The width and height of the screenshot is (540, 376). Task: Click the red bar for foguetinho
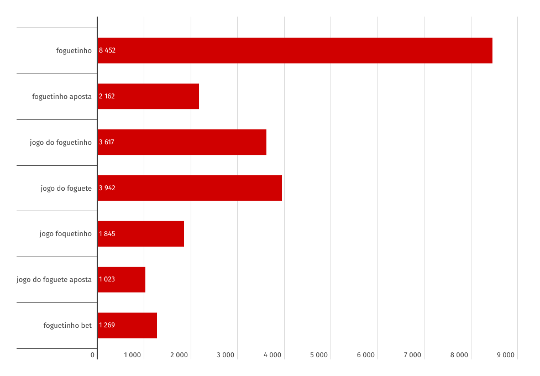[295, 50]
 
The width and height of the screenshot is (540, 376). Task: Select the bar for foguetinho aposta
[148, 96]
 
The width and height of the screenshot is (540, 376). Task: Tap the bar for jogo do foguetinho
[182, 142]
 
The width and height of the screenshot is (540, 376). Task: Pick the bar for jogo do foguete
[190, 188]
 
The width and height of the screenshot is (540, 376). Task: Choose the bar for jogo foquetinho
[140, 234]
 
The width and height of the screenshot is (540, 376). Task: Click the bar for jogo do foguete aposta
[121, 279]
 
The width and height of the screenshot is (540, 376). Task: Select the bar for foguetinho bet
[127, 325]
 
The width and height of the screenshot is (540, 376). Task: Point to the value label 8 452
[107, 50]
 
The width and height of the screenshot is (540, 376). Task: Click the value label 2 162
[107, 96]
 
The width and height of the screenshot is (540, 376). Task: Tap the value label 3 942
[107, 188]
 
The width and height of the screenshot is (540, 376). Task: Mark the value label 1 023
[107, 279]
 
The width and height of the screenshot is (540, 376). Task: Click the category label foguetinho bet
[67, 325]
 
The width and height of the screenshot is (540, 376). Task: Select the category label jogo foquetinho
[65, 234]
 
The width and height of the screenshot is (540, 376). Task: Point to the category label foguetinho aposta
[62, 97]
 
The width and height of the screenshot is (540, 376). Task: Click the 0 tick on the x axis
[92, 355]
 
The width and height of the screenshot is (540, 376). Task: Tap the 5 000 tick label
[319, 355]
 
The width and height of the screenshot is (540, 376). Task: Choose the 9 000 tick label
[506, 355]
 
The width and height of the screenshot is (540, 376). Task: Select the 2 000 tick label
[179, 355]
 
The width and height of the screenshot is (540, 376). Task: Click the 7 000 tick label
[412, 355]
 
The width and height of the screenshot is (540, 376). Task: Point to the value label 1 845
[107, 234]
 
